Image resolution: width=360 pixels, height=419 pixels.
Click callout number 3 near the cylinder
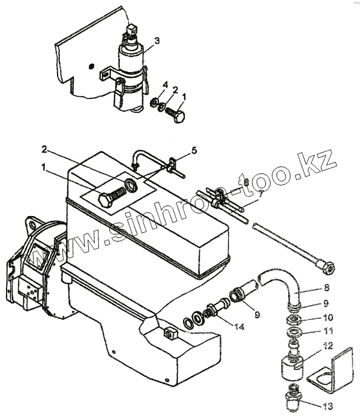point(157,41)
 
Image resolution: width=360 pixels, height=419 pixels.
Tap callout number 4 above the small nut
point(166,85)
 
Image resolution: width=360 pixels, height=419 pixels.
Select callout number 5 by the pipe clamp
point(194,151)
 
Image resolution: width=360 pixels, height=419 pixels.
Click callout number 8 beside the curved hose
point(326,288)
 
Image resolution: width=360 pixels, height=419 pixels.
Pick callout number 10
point(328,318)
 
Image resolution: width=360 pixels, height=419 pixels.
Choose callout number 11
point(328,331)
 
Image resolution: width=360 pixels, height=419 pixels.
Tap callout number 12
point(328,346)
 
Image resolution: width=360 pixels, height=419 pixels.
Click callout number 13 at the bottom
point(328,406)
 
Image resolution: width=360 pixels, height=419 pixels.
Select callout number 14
point(239,327)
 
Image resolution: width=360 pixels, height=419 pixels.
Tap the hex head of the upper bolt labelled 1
point(179,117)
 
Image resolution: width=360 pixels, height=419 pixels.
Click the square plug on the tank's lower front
point(170,333)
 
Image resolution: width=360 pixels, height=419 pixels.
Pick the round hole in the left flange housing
point(33,225)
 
